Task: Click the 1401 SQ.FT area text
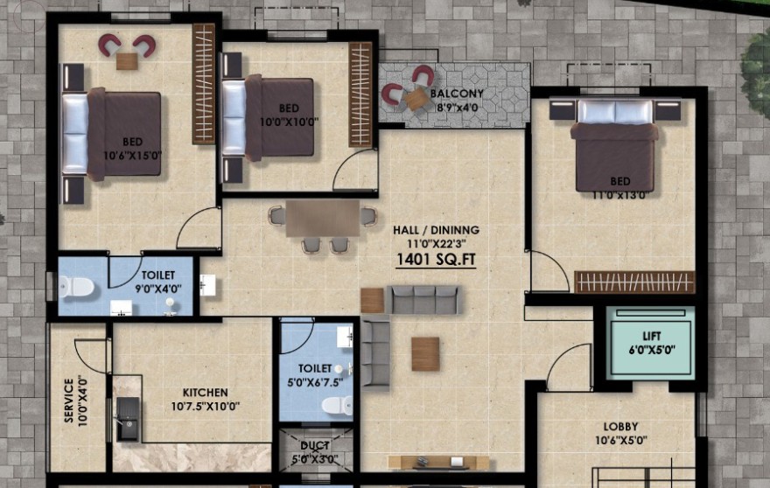pos(436,259)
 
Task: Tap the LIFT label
pos(652,337)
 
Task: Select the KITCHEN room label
pos(206,393)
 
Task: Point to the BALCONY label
pos(457,94)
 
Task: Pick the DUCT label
pos(315,446)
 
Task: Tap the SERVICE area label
pos(69,401)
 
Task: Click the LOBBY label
pos(620,427)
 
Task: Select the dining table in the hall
pos(323,218)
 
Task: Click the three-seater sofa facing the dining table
pos(423,299)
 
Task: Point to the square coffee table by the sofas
pos(425,354)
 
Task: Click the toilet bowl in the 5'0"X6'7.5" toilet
pos(336,406)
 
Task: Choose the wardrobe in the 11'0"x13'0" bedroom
pos(635,282)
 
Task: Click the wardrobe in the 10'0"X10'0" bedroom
pos(360,94)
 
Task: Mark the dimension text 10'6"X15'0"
pos(133,157)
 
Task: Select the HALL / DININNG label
pos(436,230)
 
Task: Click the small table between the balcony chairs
pos(416,98)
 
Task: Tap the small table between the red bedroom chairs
pos(127,61)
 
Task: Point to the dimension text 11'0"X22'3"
pos(436,243)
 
